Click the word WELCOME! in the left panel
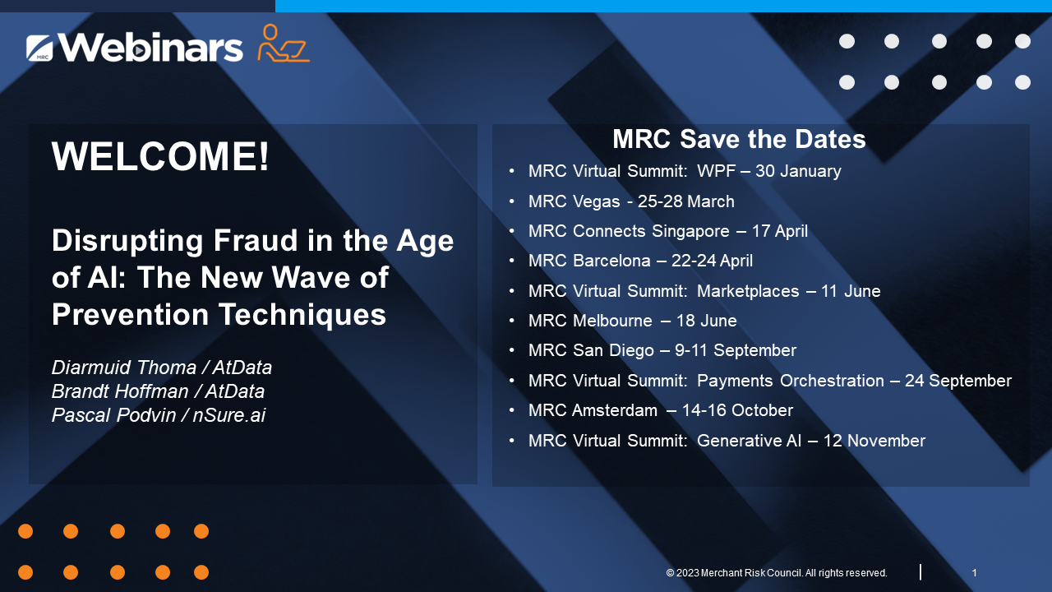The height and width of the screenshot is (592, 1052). (160, 156)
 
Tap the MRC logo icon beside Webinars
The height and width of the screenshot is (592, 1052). (39, 48)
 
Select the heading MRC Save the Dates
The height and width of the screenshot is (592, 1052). (739, 139)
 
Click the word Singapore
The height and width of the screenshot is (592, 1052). (691, 231)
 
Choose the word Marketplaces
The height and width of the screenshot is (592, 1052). (748, 291)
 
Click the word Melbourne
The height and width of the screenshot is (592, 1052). (612, 321)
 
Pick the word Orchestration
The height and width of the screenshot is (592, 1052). (832, 381)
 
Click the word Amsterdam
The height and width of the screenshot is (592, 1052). (615, 410)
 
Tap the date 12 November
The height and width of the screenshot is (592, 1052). (874, 441)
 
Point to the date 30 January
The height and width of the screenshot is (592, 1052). (798, 171)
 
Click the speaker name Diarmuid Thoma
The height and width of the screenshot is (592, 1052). (124, 368)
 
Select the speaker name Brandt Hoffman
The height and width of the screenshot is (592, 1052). (120, 391)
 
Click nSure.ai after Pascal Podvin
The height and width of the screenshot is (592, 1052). (229, 415)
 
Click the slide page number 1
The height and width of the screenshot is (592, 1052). (974, 573)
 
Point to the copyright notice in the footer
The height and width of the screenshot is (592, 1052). (777, 573)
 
